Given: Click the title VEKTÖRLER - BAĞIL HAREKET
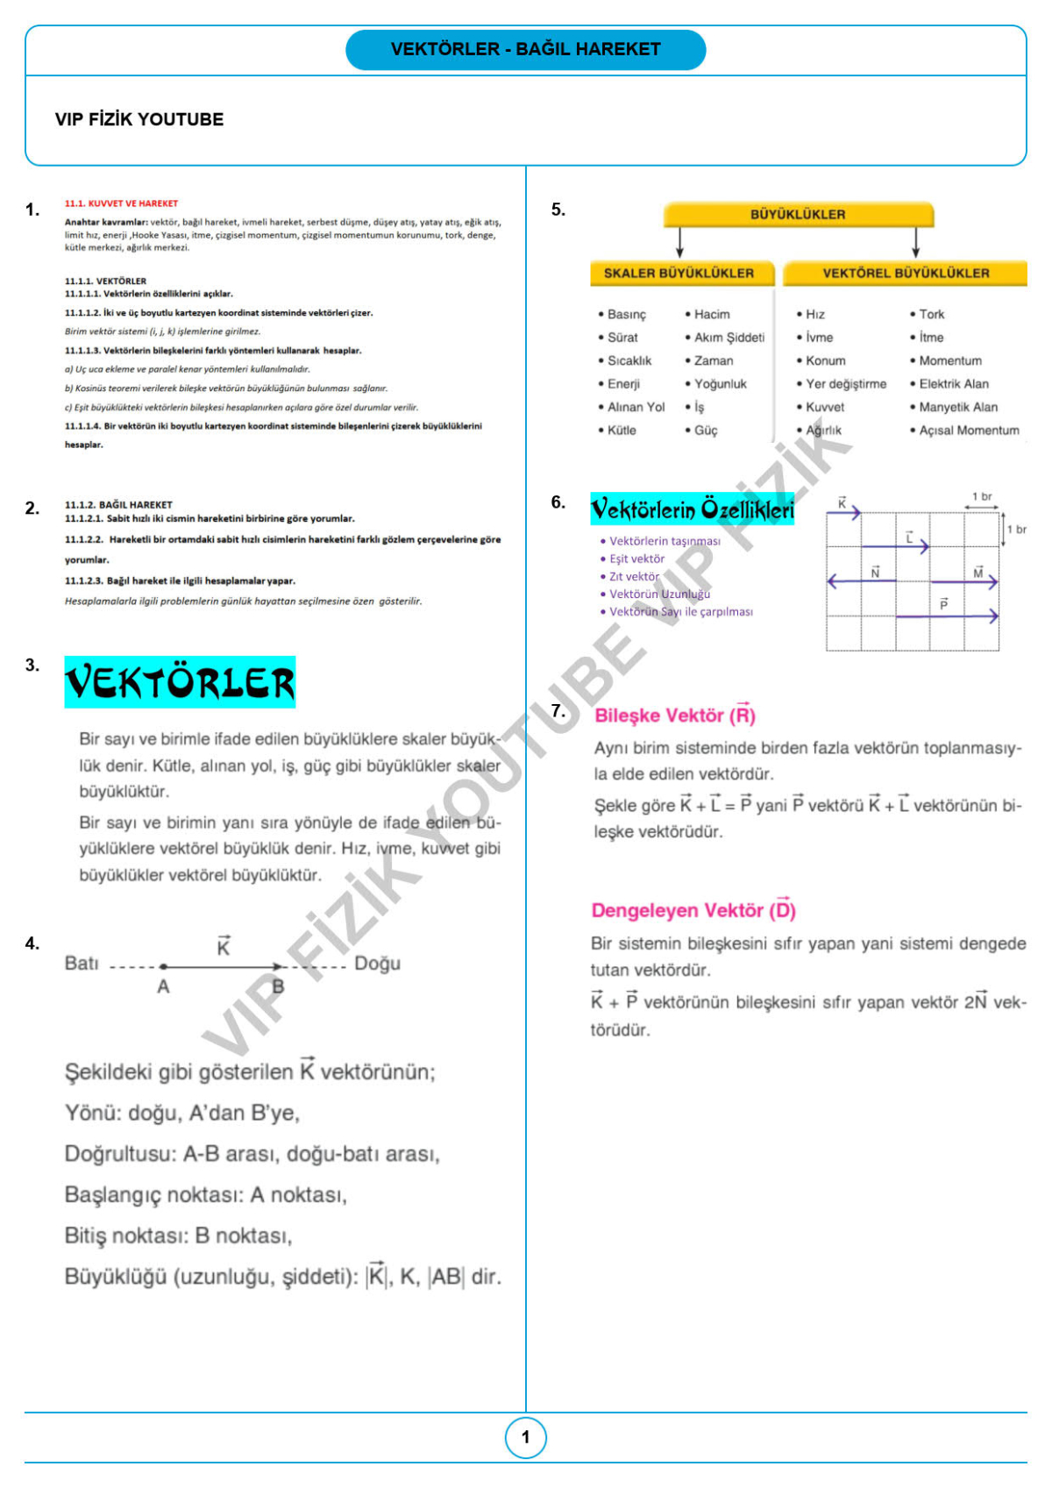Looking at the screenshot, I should coord(526,49).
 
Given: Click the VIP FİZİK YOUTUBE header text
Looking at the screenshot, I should coord(139,119).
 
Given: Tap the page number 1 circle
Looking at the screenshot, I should coord(526,1437).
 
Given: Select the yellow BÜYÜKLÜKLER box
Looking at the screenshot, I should coord(798,214).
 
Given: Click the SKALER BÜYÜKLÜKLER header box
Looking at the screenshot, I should coord(679,273).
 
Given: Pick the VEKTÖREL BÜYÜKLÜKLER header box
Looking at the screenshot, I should coord(906,273).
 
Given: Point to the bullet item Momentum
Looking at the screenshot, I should coord(950,360).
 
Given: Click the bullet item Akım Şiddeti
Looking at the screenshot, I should coord(729,338).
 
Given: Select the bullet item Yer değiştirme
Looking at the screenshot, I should coord(846,384).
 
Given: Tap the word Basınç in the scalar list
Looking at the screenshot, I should coord(626,314).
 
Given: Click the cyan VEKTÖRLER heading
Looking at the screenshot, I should coord(180,682).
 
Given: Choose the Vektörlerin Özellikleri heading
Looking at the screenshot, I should coord(692,509).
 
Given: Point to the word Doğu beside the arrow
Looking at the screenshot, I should coord(377,963).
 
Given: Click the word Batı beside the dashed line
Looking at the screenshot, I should coord(82,963).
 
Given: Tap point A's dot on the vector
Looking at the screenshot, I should coord(163,966).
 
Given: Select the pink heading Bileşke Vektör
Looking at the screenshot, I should coord(674,715).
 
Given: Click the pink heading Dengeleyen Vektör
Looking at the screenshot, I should coord(693,910).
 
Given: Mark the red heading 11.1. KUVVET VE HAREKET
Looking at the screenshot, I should coord(121,203).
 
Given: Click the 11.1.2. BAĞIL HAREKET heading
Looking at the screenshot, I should coord(118,505).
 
